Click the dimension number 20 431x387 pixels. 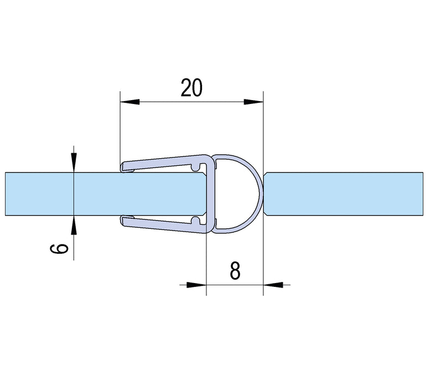coord(191,87)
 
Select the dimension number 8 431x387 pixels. coord(234,270)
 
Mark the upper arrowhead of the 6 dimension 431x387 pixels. coord(74,163)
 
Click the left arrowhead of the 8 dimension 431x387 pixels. coord(197,285)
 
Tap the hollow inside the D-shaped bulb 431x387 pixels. coord(232,193)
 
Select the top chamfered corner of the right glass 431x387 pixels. coord(267,175)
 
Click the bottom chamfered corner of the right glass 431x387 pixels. coord(267,214)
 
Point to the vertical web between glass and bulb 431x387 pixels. coord(209,193)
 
